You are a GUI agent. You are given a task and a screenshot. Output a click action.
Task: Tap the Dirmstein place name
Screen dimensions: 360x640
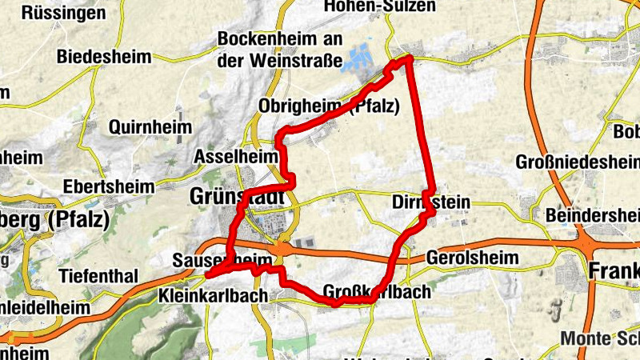click(430, 202)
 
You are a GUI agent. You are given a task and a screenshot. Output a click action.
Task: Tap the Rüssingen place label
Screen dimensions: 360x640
click(64, 13)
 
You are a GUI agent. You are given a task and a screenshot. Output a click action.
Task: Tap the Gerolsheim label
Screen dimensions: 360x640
click(472, 258)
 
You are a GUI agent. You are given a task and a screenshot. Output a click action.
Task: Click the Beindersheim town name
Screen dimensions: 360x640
click(592, 216)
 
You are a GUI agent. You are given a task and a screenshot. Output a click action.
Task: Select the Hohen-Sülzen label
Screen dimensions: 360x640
click(380, 6)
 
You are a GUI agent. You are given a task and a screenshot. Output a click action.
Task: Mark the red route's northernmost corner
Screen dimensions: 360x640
click(409, 58)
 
